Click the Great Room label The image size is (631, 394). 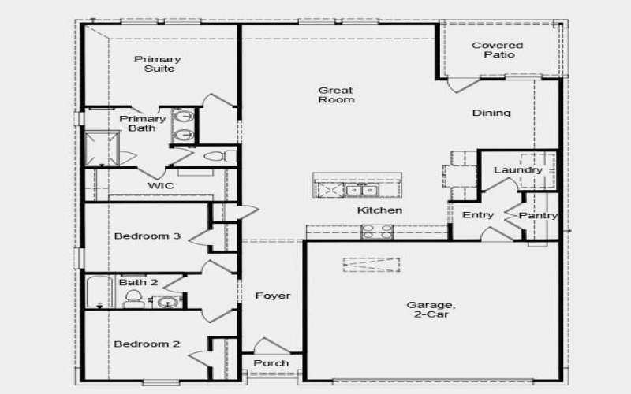click(336, 95)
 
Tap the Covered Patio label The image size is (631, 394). click(497, 50)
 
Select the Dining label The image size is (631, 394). click(491, 113)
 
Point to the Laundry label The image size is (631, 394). click(517, 170)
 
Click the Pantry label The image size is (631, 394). click(540, 215)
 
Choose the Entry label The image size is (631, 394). click(478, 215)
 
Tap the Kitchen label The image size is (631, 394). click(379, 210)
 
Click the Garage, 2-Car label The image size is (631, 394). click(430, 309)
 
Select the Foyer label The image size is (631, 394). click(273, 296)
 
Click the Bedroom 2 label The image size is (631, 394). click(147, 344)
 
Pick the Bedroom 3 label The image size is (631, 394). click(147, 236)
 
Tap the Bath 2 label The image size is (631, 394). click(139, 282)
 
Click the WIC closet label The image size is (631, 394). click(161, 186)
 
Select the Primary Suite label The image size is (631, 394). click(158, 64)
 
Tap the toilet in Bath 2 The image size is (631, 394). click(133, 299)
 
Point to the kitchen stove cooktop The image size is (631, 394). click(377, 231)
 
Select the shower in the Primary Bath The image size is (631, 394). click(102, 147)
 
